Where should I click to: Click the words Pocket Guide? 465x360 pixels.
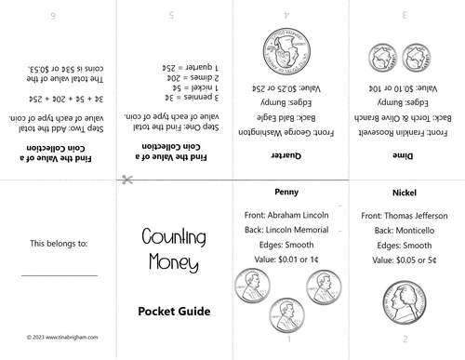click(x=173, y=310)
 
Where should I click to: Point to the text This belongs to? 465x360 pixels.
click(x=59, y=244)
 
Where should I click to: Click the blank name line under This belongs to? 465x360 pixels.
click(x=59, y=275)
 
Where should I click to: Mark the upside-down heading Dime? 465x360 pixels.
click(x=405, y=156)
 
